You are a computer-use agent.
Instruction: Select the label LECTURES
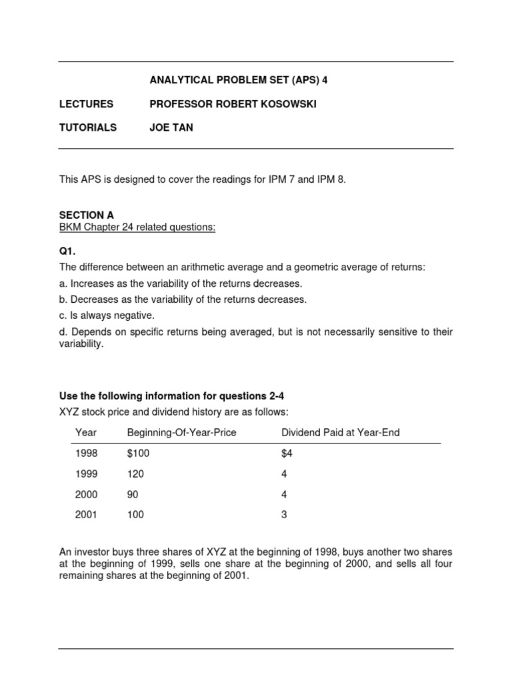pyautogui.click(x=86, y=104)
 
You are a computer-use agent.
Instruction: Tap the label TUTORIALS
pyautogui.click(x=88, y=127)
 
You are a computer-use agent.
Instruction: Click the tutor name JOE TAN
pyautogui.click(x=171, y=127)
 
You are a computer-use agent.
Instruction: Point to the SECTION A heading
pyautogui.click(x=86, y=215)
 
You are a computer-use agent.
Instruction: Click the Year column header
pyautogui.click(x=86, y=433)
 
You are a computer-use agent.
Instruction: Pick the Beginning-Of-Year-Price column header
pyautogui.click(x=181, y=433)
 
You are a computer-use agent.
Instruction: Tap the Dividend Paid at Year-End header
pyautogui.click(x=340, y=433)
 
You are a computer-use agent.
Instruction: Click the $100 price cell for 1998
pyautogui.click(x=139, y=454)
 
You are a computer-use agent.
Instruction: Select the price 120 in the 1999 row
pyautogui.click(x=135, y=474)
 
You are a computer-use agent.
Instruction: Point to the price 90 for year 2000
pyautogui.click(x=133, y=494)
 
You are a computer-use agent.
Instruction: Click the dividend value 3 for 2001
pyautogui.click(x=284, y=515)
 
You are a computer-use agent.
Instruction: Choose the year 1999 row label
pyautogui.click(x=87, y=474)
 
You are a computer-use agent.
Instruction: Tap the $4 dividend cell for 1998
pyautogui.click(x=287, y=454)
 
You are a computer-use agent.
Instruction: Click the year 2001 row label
pyautogui.click(x=87, y=515)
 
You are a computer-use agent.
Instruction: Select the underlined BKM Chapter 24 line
pyautogui.click(x=137, y=227)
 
